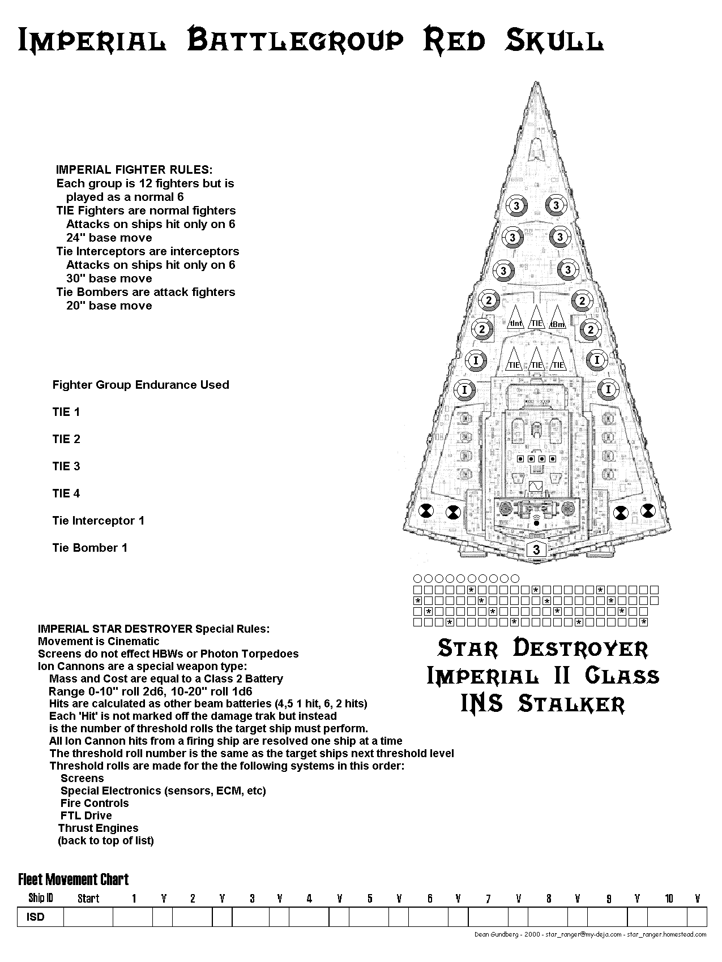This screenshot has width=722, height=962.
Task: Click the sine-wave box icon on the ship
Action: (535, 487)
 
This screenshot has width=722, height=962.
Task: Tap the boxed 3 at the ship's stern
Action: (536, 549)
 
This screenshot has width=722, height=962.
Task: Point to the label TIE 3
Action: (66, 466)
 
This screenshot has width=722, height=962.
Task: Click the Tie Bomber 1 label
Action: (90, 548)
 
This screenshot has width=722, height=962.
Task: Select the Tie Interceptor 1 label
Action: (98, 521)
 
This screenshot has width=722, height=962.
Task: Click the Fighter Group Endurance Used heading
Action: (140, 385)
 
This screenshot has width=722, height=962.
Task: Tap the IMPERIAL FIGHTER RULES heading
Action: (134, 169)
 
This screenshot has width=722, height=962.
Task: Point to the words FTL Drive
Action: (86, 815)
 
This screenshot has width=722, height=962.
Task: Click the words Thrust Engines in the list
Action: (98, 828)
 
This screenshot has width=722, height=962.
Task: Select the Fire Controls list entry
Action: (95, 803)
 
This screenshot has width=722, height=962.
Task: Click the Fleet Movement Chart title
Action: (74, 879)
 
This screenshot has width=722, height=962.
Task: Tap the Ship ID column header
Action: (41, 898)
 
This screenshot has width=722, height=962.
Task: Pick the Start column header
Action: (88, 898)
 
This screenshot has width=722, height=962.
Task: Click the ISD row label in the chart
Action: (35, 917)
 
